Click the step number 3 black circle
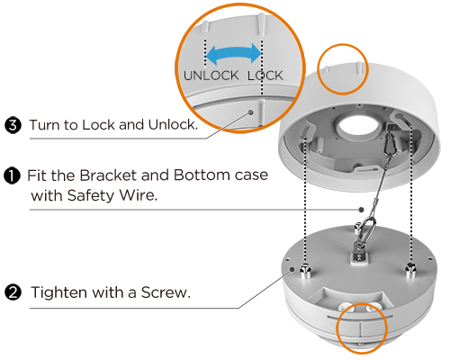[13, 125]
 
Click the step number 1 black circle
[12, 175]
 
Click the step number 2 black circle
[13, 292]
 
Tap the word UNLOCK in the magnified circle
[211, 76]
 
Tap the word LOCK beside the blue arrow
[265, 76]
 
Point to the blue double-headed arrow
[234, 55]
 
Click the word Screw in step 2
[166, 292]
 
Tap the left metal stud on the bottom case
[305, 270]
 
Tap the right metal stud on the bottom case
[410, 269]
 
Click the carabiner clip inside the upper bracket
[391, 144]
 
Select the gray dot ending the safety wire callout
[362, 210]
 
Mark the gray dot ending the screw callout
[292, 269]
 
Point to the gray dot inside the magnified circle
[251, 112]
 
